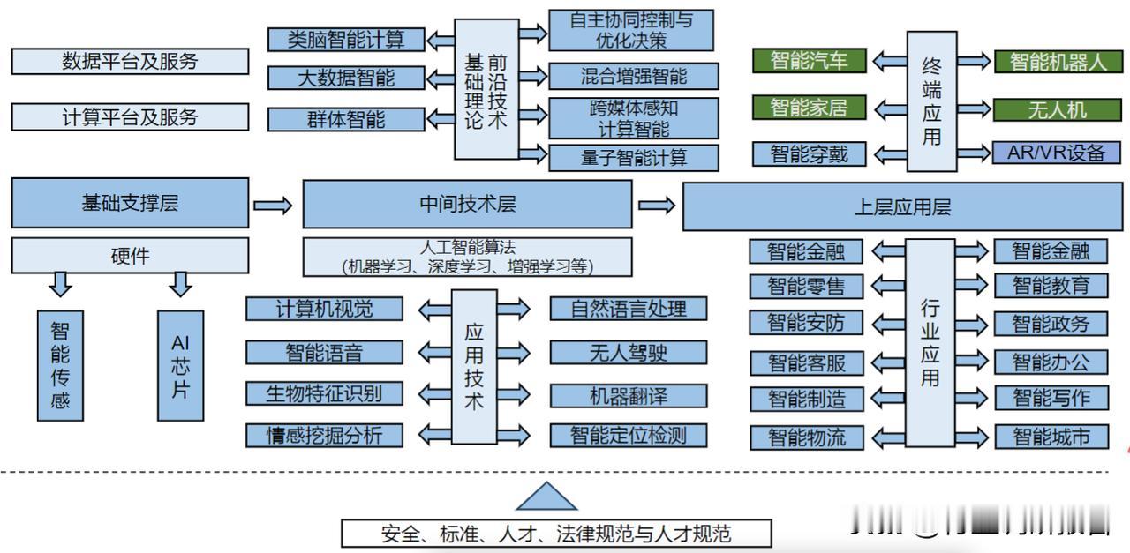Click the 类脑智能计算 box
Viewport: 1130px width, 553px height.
click(x=346, y=39)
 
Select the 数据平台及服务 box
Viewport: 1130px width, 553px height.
click(x=130, y=62)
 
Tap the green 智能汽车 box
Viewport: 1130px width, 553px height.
click(x=809, y=61)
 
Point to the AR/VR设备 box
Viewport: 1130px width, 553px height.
click(x=1056, y=153)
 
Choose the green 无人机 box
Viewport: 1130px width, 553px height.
click(x=1057, y=109)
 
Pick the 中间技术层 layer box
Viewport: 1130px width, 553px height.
click(x=467, y=205)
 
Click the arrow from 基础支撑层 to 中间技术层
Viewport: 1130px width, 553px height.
click(x=273, y=206)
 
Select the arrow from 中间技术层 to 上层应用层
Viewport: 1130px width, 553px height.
click(x=658, y=206)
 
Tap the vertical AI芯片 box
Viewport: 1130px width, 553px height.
click(x=180, y=365)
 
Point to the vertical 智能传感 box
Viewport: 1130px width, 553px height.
click(x=60, y=365)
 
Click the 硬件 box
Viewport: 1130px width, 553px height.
click(x=130, y=256)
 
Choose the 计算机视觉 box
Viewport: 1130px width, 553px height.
click(x=324, y=309)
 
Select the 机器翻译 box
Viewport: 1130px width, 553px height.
click(x=628, y=394)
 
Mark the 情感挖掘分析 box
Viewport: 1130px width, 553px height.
click(x=324, y=435)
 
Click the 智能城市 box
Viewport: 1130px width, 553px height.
click(x=1051, y=437)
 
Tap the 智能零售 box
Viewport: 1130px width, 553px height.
click(x=805, y=286)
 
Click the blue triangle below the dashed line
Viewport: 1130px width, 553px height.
click(x=546, y=497)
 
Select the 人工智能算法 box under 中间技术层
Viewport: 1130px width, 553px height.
click(x=467, y=257)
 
